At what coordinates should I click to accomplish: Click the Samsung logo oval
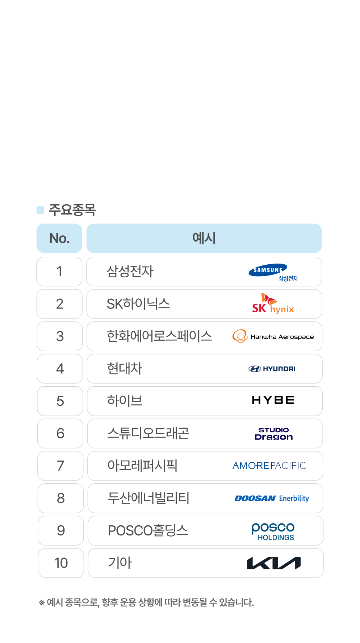[x=268, y=270]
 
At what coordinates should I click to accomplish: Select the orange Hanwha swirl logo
[x=240, y=336]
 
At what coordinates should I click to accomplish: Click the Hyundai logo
[x=272, y=369]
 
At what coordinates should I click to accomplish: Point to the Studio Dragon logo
[x=274, y=434]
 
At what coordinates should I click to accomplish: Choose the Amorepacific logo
[x=269, y=466]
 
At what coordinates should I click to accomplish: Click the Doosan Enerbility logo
[x=272, y=499]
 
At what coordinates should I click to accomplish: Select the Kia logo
[x=273, y=563]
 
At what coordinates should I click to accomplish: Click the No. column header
[x=59, y=238]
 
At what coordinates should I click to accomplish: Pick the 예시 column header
[x=204, y=238]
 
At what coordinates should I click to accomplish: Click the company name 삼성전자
[x=130, y=272]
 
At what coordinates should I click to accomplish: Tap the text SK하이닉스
[x=138, y=304]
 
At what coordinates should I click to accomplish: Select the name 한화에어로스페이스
[x=159, y=336]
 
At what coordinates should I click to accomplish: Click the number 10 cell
[x=61, y=563]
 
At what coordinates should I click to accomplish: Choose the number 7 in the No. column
[x=60, y=466]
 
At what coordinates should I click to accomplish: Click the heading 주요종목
[x=72, y=210]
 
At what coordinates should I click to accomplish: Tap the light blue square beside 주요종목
[x=40, y=210]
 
